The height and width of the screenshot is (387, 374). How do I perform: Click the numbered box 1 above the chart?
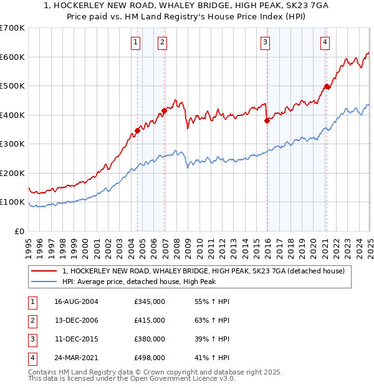(x=136, y=42)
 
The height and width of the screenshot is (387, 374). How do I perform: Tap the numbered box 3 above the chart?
(x=265, y=42)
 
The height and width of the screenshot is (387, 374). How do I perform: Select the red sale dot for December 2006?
(x=164, y=111)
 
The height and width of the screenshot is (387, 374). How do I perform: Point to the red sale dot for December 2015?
(x=266, y=121)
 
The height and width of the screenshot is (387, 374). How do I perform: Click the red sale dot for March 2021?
(x=326, y=87)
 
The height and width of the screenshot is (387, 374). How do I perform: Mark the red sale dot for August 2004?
(x=137, y=131)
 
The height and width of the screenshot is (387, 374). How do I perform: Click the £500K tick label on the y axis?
(x=12, y=86)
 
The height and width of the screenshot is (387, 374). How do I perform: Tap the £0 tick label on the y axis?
(x=19, y=231)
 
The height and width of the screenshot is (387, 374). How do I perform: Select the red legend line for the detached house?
(x=45, y=271)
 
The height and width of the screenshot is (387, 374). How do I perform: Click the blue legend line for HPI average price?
(x=45, y=282)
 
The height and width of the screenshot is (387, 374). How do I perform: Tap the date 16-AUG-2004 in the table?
(x=76, y=302)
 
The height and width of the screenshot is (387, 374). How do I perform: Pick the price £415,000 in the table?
(x=150, y=320)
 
